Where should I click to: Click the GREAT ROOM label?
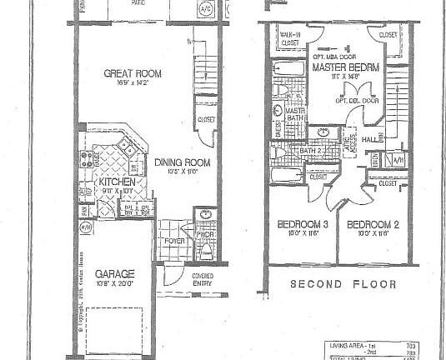pos(132,73)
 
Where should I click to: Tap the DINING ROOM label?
pos(181,162)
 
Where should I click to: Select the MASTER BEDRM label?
pos(347,66)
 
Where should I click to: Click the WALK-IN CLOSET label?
pos(290,37)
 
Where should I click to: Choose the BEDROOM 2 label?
pos(368,226)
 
